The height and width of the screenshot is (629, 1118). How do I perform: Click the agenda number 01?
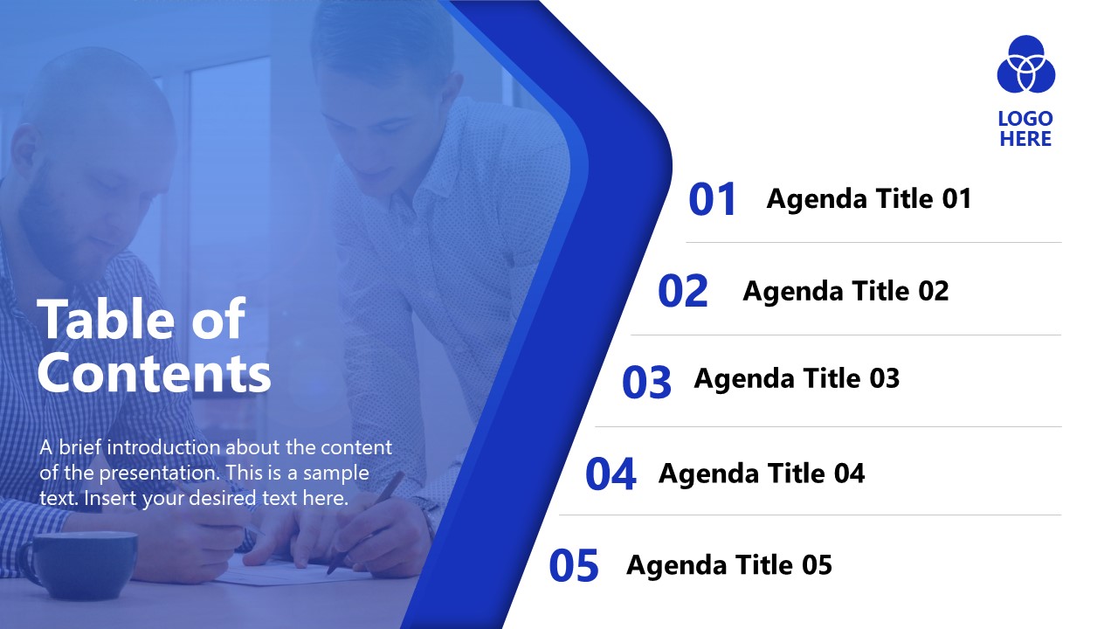coord(713,199)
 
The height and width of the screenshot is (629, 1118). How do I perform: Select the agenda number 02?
coord(682,292)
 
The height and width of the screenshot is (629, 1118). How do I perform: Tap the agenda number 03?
coord(646,383)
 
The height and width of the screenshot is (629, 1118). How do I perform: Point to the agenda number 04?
coord(611,474)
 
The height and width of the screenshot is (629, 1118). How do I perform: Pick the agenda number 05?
coord(574,566)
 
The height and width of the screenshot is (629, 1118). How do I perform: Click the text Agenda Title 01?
coord(868,199)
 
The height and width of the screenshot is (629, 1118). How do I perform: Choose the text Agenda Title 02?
coord(845,291)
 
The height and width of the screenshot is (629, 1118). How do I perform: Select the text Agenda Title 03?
coord(797,378)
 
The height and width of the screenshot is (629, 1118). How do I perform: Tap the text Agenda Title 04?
coord(762,473)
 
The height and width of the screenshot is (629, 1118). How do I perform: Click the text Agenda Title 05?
coord(729,565)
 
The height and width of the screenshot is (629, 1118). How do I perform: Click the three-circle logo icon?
coord(1026,65)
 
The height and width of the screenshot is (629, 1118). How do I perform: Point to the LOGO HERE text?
coord(1025,129)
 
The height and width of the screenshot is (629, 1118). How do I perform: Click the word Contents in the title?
coord(154,373)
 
